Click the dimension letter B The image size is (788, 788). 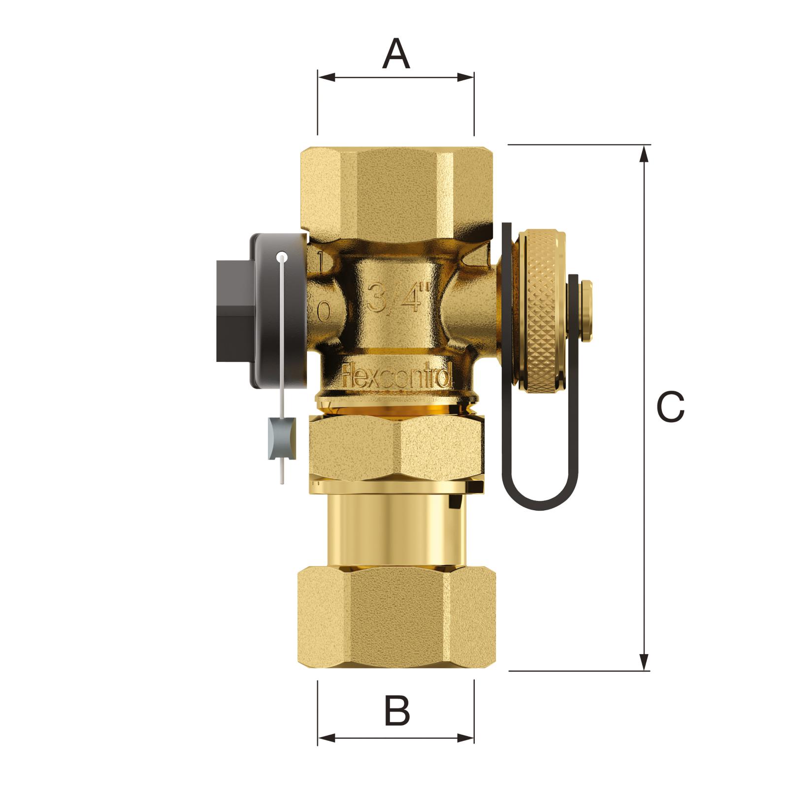[x=396, y=711]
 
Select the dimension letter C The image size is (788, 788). [x=670, y=407]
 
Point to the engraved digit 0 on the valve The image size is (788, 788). [x=323, y=311]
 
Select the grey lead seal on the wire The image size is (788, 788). [x=282, y=438]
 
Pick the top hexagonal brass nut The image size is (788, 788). [x=396, y=190]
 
